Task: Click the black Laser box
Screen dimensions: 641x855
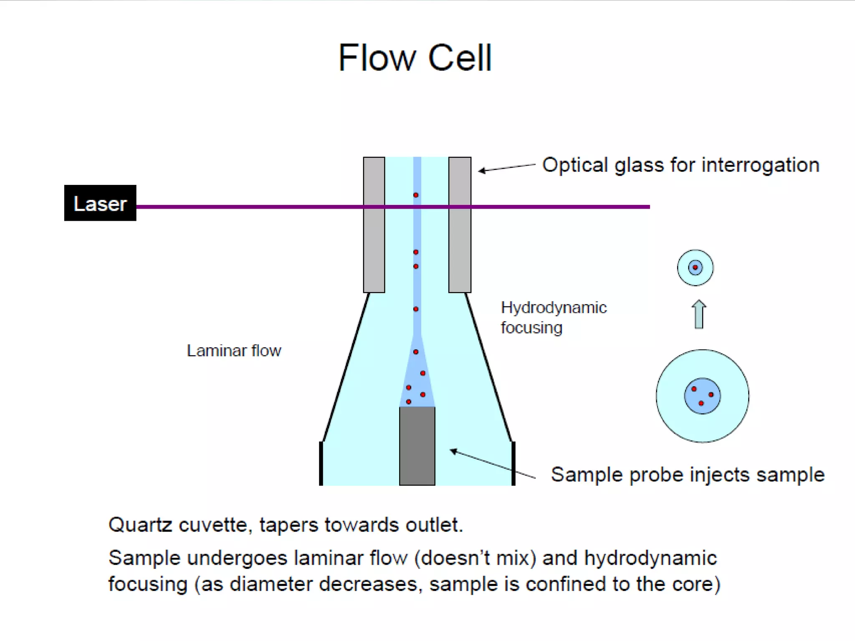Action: [x=100, y=203]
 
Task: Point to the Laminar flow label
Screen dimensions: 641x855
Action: [x=234, y=351]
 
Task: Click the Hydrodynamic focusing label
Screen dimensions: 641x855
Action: [x=553, y=317]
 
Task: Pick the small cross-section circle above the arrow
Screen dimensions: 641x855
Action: [x=695, y=268]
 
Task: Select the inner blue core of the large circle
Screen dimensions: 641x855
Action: [x=702, y=396]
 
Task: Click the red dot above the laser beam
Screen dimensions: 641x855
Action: [x=416, y=195]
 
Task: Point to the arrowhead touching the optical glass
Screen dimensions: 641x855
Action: [x=481, y=170]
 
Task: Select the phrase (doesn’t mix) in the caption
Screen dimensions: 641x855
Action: [x=475, y=558]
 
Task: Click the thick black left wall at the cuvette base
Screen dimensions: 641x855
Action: [x=321, y=463]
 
